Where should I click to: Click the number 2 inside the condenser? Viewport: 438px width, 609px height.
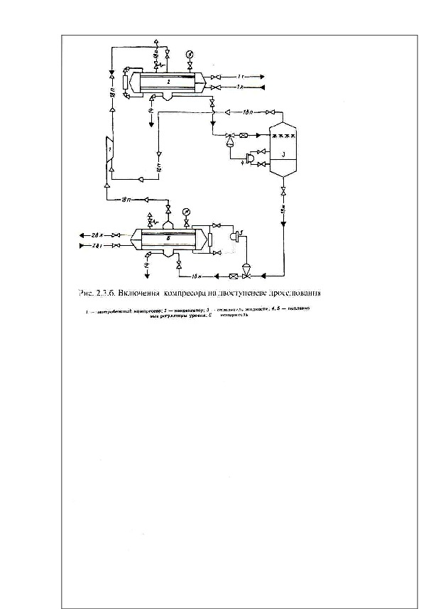click(168, 82)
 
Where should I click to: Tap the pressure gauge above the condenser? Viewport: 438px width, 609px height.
click(190, 54)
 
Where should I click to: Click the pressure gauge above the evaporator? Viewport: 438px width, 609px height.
click(186, 211)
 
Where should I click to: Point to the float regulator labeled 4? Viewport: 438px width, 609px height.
click(248, 158)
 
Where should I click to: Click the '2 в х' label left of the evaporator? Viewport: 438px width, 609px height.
click(93, 234)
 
